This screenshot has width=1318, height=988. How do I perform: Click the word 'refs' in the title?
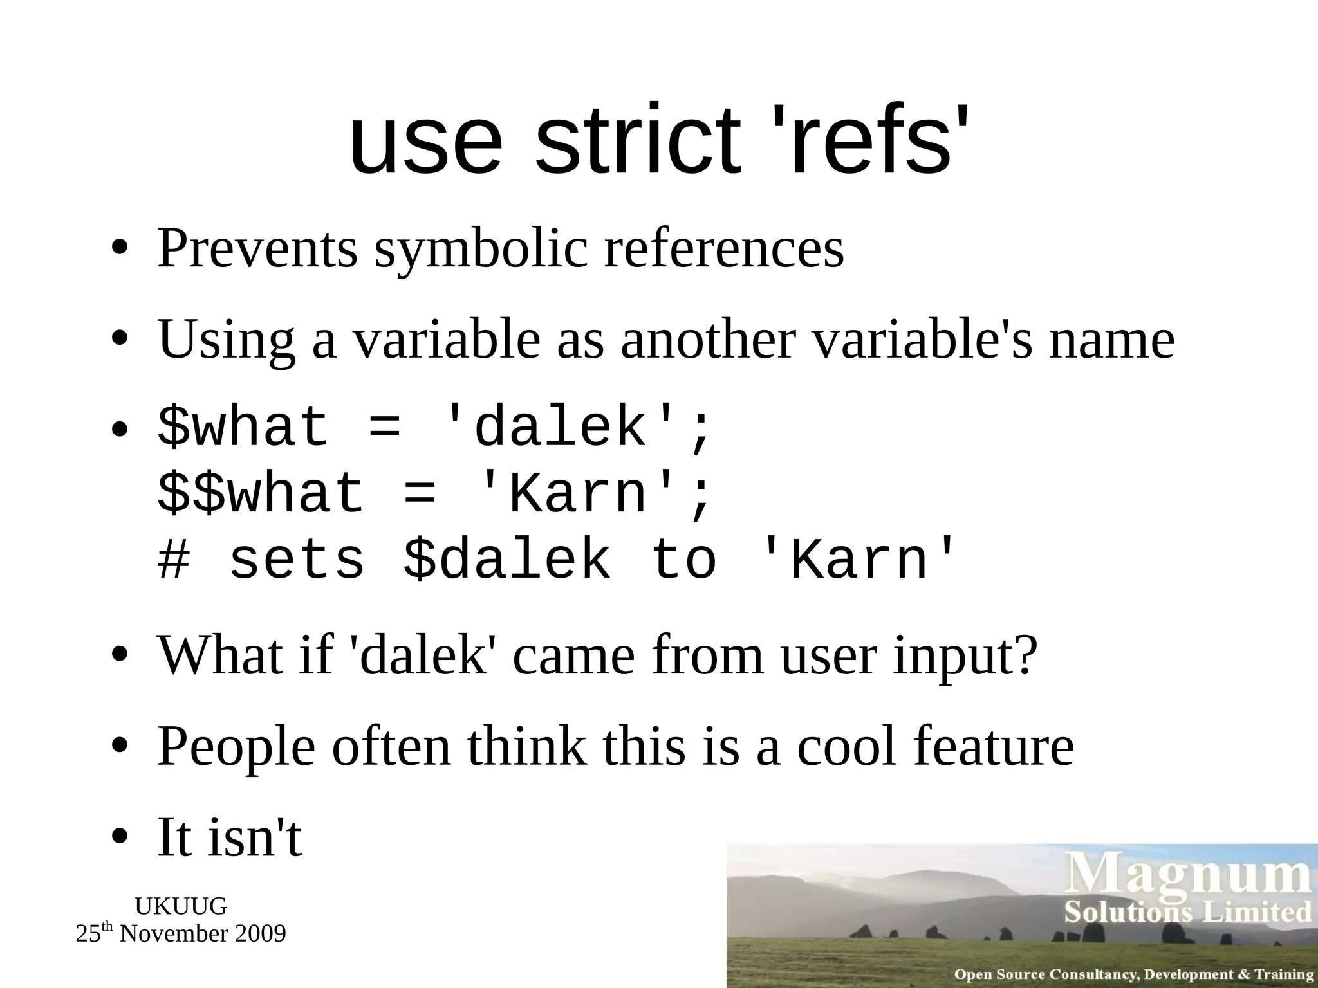(869, 140)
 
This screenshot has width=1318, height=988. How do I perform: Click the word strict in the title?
(637, 140)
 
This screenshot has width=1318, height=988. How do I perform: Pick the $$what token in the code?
(261, 494)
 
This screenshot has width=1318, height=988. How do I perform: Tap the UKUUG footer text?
(181, 906)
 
